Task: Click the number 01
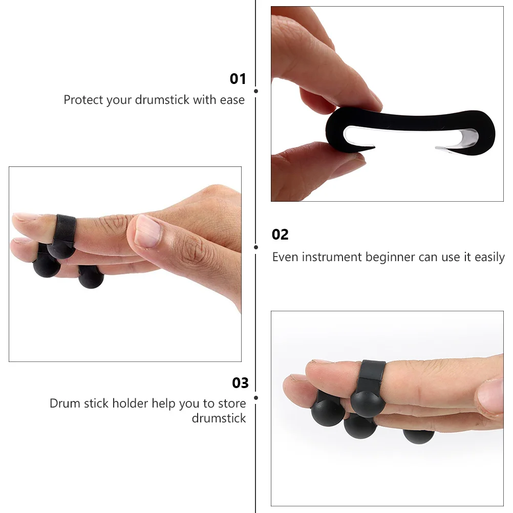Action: [x=238, y=79]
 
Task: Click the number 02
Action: [x=280, y=234]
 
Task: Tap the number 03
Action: [x=240, y=383]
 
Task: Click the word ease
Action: [x=232, y=100]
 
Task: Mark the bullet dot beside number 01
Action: [x=256, y=91]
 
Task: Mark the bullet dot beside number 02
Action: [x=256, y=247]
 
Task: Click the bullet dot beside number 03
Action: [x=256, y=397]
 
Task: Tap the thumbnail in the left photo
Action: [x=148, y=229]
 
